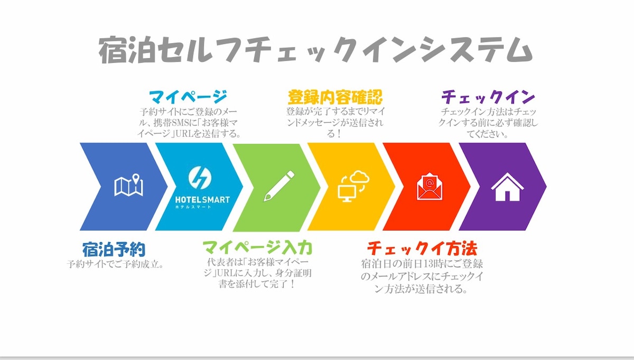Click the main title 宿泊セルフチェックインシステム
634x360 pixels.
point(315,50)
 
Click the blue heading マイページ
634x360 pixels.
point(188,97)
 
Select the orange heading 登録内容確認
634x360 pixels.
point(335,97)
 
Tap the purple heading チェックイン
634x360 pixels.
point(488,97)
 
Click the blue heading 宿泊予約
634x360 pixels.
point(114,250)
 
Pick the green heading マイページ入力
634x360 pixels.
point(258,247)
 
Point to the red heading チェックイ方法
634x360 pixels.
point(422,248)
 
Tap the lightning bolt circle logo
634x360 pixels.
point(200,178)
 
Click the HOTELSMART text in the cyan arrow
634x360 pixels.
point(202,200)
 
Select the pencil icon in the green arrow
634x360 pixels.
point(279,186)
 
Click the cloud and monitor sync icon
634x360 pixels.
point(354,186)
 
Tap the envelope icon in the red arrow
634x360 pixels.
point(430,186)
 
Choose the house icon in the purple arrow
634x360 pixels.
point(507,187)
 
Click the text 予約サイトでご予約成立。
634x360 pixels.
point(115,264)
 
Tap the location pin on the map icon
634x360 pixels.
point(136,179)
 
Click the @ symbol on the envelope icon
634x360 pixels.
point(430,183)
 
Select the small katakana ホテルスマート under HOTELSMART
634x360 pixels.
point(193,207)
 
